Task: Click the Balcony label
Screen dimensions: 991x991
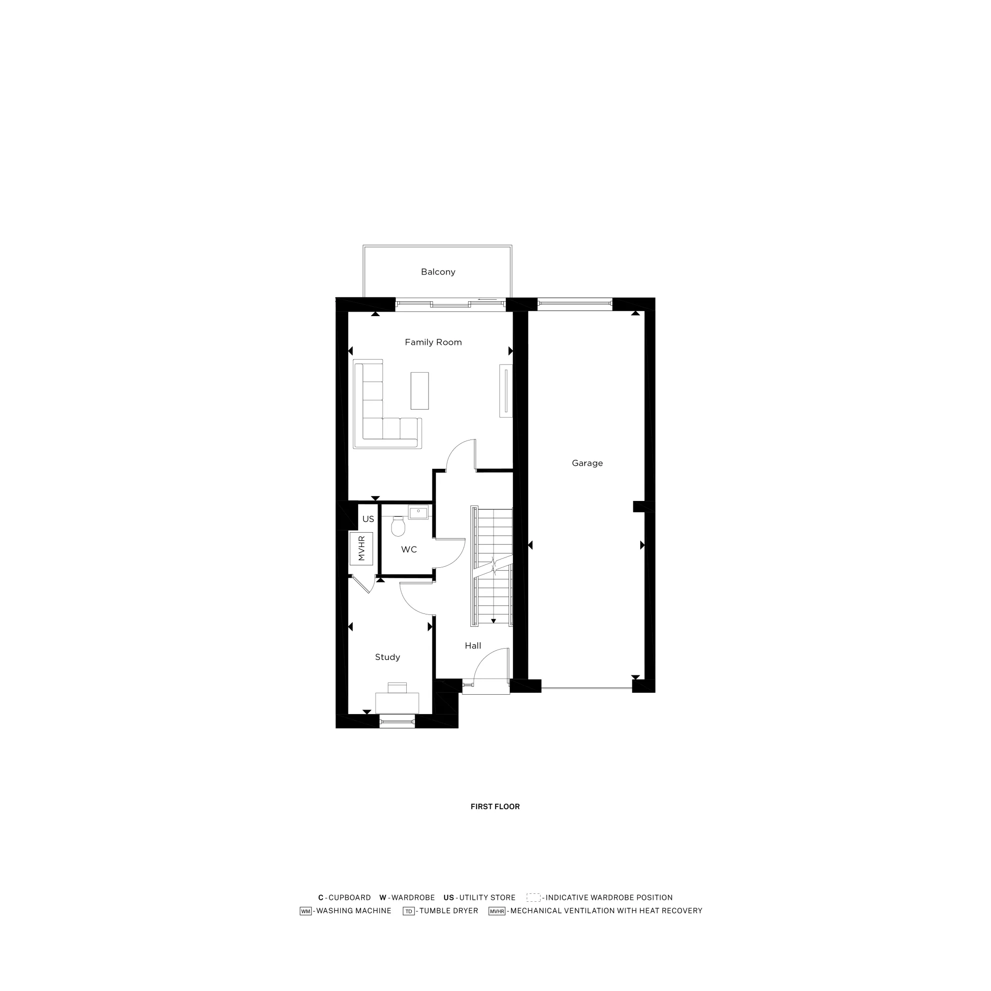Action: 438,272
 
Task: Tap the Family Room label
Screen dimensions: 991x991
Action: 433,342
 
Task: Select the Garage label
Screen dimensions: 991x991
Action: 587,463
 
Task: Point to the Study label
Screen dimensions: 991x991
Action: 387,657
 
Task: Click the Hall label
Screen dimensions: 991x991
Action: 473,646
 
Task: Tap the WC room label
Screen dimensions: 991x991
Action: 409,550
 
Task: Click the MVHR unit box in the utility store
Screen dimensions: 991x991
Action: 361,549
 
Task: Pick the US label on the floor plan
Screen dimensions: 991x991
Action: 368,519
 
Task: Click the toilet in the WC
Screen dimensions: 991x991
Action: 398,526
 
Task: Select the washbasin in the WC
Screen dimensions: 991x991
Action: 418,512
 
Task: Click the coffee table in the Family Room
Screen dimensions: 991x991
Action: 420,391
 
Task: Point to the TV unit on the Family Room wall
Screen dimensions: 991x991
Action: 506,391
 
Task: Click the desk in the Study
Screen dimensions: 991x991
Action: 397,702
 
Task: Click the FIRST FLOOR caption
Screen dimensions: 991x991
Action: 495,807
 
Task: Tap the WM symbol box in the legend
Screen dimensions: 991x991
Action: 306,911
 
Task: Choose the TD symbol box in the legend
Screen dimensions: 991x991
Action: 408,911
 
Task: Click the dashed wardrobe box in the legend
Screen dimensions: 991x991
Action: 534,898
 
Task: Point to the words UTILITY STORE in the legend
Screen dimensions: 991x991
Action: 487,898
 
